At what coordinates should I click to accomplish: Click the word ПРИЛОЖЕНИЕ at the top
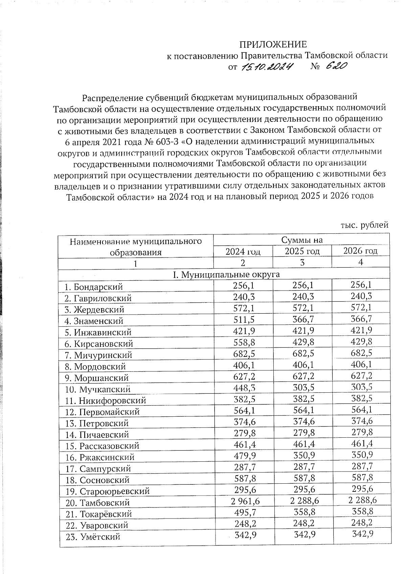(273, 45)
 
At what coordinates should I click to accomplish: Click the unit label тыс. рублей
(364, 225)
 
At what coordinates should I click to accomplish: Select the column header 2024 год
(243, 251)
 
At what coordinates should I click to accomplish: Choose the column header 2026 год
(360, 251)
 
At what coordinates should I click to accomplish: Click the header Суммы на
(302, 240)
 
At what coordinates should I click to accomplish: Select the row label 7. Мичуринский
(98, 355)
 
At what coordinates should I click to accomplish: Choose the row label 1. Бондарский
(94, 287)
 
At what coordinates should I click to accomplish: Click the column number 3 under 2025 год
(302, 262)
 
